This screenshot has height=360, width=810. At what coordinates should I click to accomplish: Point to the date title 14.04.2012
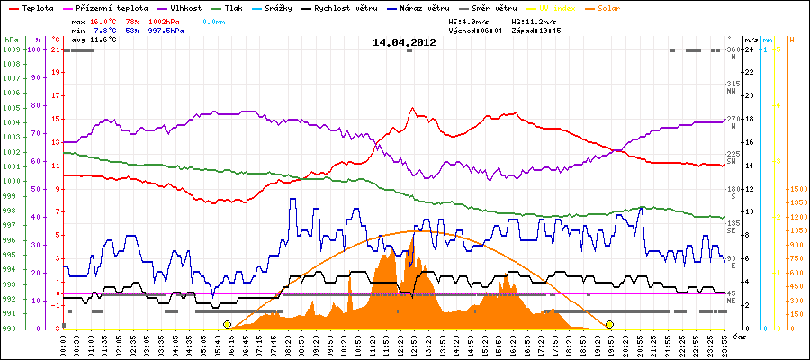coord(404,41)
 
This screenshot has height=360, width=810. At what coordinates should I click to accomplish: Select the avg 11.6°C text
coord(94,40)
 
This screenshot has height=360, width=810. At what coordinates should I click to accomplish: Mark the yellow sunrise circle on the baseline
coord(228,324)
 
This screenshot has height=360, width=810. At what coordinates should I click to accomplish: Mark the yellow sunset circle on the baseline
coord(610,324)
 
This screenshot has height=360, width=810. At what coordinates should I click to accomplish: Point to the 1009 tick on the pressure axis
coord(11,49)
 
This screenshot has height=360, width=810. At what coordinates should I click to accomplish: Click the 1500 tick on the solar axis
coord(797,189)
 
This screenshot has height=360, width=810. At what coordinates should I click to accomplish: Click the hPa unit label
coord(11,40)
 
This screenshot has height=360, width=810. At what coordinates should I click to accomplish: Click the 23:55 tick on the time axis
coord(724,344)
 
